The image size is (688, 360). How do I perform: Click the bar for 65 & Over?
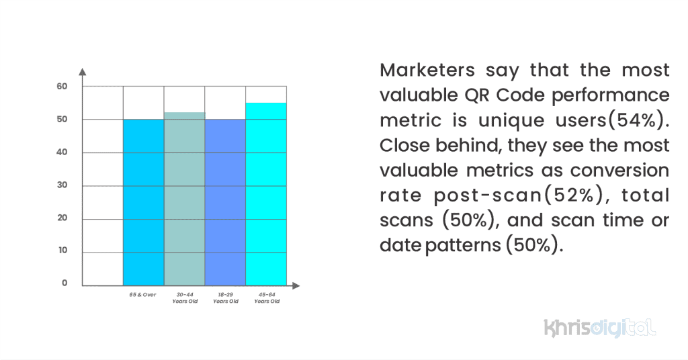(143, 201)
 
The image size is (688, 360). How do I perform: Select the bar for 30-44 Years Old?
(184, 198)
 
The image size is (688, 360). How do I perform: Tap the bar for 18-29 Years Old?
(225, 201)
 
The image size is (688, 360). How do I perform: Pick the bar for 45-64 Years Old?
(266, 194)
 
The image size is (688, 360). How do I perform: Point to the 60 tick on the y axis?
(62, 86)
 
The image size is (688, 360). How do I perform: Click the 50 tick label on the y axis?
(62, 119)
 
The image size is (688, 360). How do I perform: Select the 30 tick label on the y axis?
(62, 185)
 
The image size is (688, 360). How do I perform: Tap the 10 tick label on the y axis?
(62, 251)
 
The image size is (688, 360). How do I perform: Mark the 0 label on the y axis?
(64, 283)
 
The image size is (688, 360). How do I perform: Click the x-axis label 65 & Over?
(143, 295)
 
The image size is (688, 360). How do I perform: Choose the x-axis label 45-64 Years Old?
(267, 298)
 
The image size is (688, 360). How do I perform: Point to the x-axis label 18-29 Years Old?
(226, 298)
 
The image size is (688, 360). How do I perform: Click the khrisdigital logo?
(599, 328)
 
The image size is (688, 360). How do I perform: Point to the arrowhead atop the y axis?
(82, 71)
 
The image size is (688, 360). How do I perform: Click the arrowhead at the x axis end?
(296, 286)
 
